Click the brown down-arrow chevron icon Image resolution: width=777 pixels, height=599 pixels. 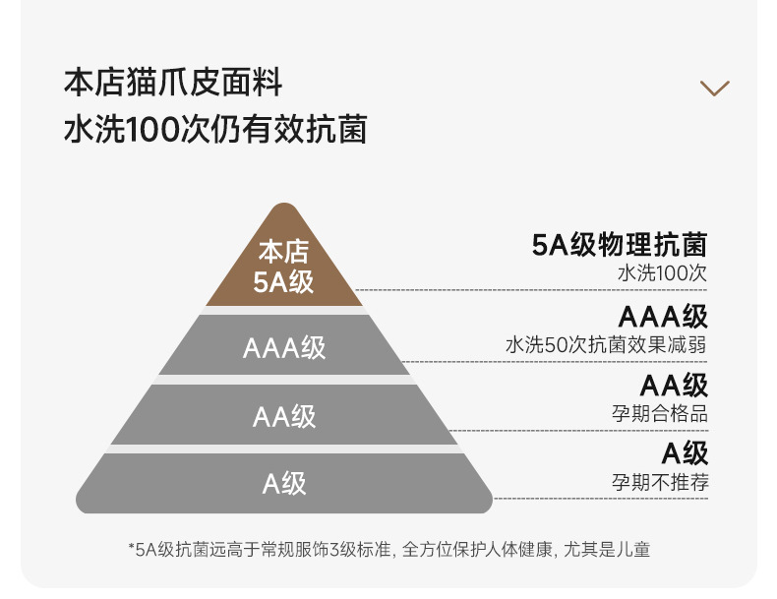[x=715, y=89]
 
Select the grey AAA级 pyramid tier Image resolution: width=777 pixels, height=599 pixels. [x=284, y=347]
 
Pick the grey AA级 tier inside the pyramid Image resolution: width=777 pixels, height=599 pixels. [x=284, y=415]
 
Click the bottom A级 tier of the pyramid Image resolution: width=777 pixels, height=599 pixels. [x=284, y=483]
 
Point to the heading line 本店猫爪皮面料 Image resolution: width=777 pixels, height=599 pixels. [x=173, y=83]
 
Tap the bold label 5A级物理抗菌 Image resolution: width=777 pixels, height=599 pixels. [x=620, y=245]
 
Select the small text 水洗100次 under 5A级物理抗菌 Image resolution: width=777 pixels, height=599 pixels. [x=662, y=273]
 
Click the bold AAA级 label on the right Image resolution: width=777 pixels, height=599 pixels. [x=663, y=317]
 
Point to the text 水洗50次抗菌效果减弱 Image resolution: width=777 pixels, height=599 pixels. [x=606, y=345]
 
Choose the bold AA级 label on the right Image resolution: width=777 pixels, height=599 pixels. [x=674, y=385]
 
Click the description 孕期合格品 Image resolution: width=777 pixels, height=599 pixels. [x=659, y=413]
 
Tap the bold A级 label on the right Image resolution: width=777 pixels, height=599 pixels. [x=685, y=452]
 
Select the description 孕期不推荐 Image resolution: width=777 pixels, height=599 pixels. [x=659, y=482]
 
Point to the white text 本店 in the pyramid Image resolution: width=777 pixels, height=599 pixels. [x=284, y=252]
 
